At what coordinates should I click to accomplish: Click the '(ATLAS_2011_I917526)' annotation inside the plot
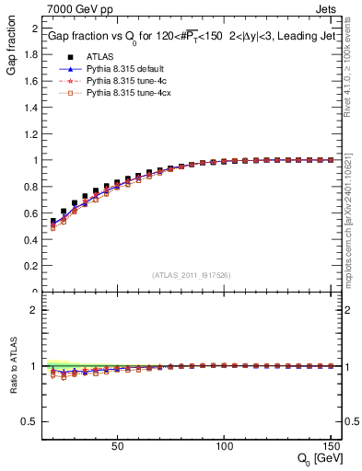point(192,275)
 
